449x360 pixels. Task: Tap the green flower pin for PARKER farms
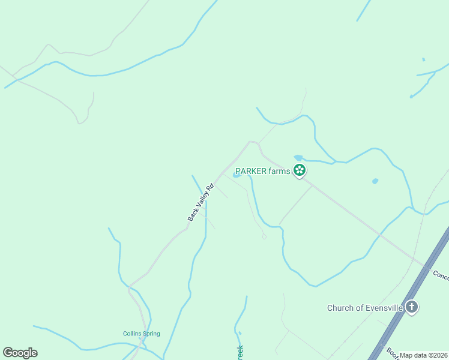pyautogui.click(x=300, y=171)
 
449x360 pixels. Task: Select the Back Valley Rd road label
pyautogui.click(x=201, y=202)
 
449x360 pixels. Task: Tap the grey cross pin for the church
pyautogui.click(x=411, y=308)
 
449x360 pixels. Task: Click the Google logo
pyautogui.click(x=20, y=353)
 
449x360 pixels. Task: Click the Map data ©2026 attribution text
pyautogui.click(x=423, y=355)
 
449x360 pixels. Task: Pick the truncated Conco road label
pyautogui.click(x=441, y=275)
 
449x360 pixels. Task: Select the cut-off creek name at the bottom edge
pyautogui.click(x=240, y=353)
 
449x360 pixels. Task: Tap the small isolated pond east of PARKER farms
pyautogui.click(x=375, y=181)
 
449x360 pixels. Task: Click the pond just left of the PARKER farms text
pyautogui.click(x=237, y=175)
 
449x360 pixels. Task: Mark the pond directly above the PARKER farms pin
pyautogui.click(x=298, y=158)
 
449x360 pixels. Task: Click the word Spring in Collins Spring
pyautogui.click(x=151, y=334)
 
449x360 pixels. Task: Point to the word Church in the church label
pyautogui.click(x=340, y=308)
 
